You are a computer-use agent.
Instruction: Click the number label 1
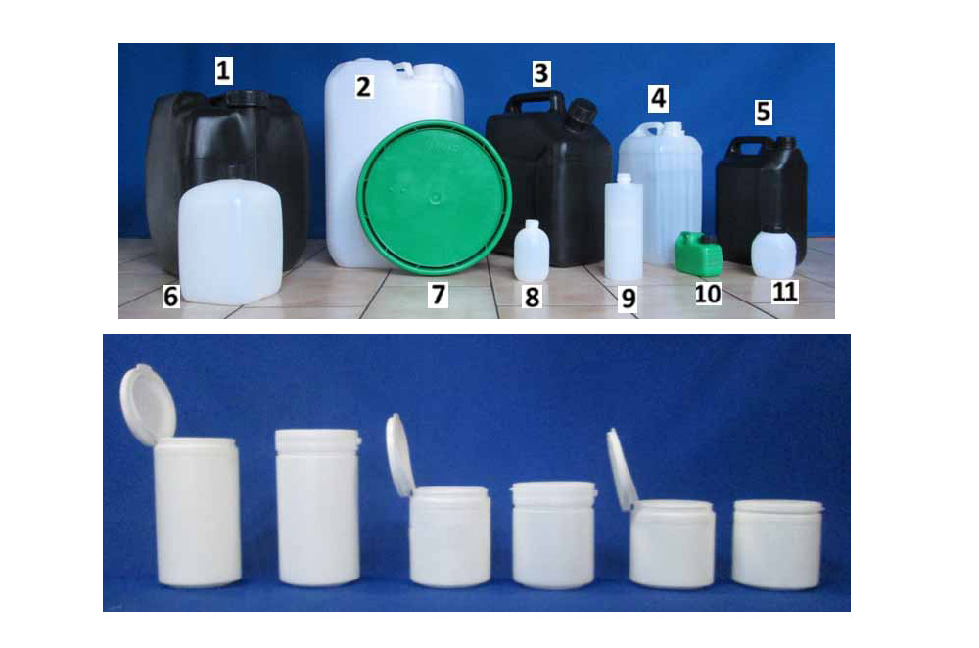[223, 70]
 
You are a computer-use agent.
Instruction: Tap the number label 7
[438, 294]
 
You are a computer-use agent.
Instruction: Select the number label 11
[785, 291]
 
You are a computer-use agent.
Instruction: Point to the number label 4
[658, 99]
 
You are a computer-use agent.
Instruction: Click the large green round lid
[435, 198]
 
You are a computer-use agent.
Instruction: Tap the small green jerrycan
[699, 254]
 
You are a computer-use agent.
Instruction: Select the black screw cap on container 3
[583, 112]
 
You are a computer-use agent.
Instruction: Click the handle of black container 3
[535, 101]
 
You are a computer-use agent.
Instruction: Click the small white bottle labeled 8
[532, 250]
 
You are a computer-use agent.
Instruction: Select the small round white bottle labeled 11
[773, 252]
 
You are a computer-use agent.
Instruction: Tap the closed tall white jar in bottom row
[318, 507]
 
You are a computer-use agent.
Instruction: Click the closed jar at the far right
[777, 544]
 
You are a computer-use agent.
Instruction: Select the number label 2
[364, 86]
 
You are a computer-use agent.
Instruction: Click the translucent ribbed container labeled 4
[661, 192]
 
